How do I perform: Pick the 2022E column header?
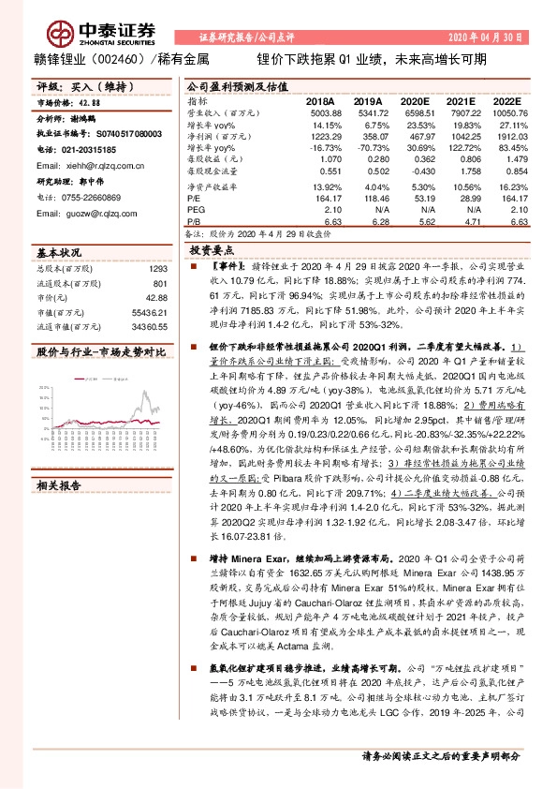507,100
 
